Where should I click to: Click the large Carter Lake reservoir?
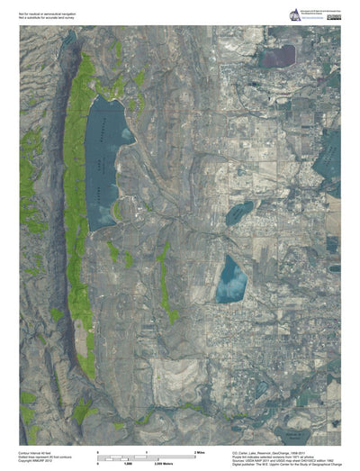106,149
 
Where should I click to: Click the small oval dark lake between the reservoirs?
238,213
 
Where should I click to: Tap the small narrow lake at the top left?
68,38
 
